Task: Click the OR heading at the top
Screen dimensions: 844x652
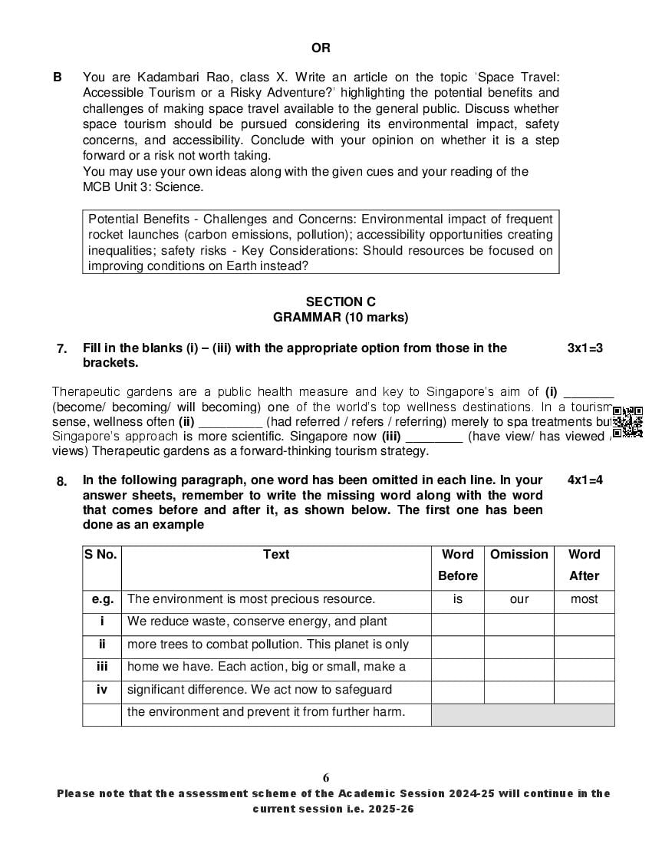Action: click(x=321, y=48)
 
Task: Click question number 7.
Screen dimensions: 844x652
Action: click(x=62, y=348)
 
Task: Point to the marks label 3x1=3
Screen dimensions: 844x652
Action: click(x=584, y=348)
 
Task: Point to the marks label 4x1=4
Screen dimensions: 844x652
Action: click(x=584, y=480)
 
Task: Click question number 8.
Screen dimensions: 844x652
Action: click(x=62, y=481)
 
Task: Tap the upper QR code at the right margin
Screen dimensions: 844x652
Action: click(x=628, y=415)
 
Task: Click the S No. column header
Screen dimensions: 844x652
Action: click(x=101, y=555)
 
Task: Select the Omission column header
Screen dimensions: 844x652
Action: click(x=519, y=555)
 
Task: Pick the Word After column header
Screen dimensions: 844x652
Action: click(x=584, y=565)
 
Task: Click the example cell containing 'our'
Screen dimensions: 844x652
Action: click(x=519, y=599)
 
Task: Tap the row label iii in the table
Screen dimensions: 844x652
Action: click(x=101, y=668)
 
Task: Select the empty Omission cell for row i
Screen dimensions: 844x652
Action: click(x=519, y=622)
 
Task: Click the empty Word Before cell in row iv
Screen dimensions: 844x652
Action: click(x=457, y=691)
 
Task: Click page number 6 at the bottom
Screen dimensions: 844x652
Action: click(x=326, y=777)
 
